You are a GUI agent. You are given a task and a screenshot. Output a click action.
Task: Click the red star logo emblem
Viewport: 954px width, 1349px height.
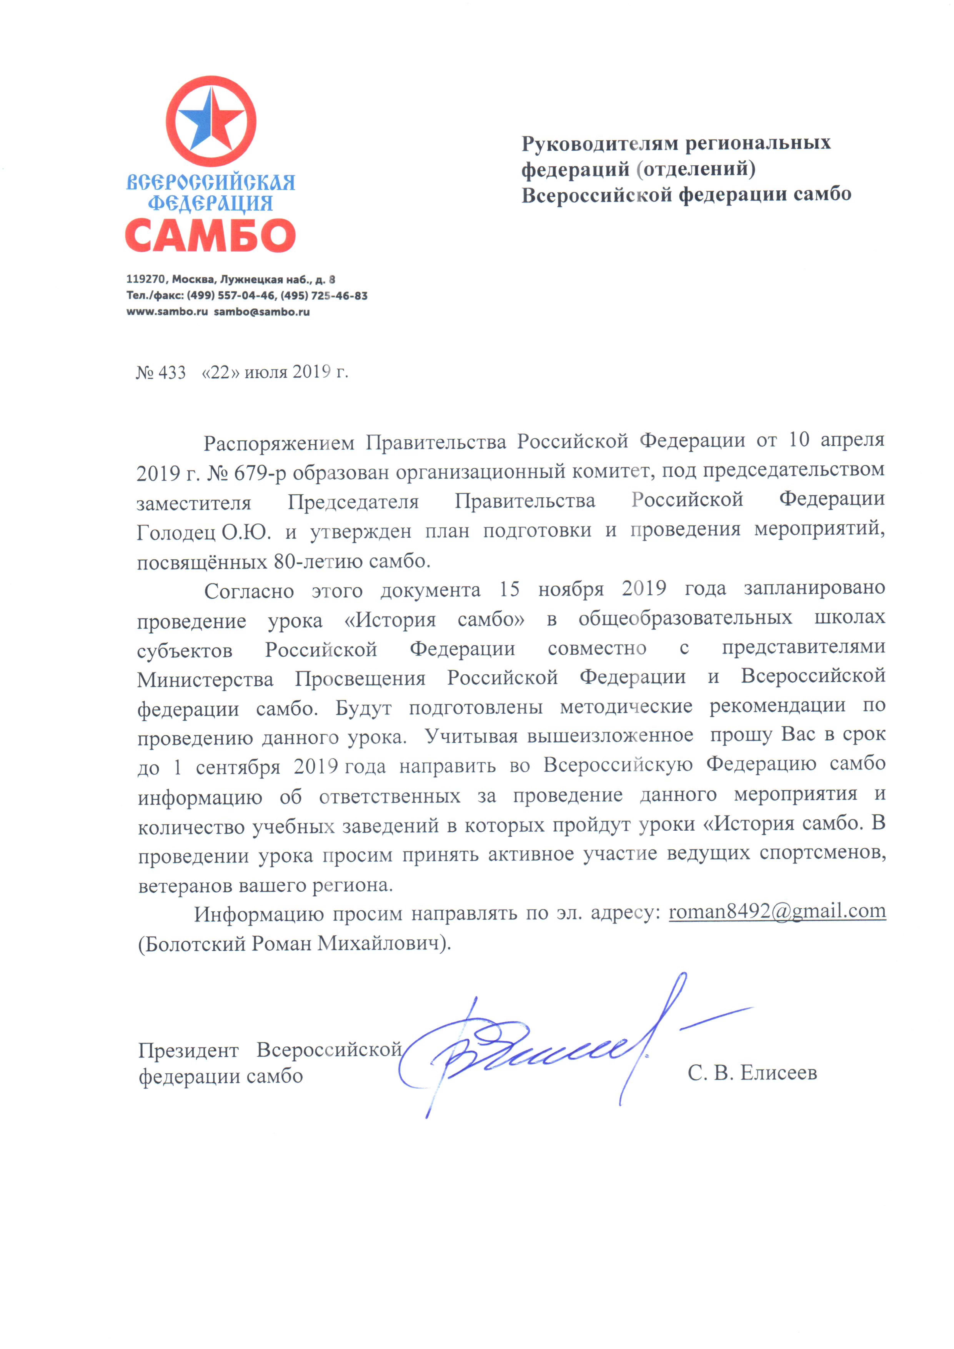point(211,120)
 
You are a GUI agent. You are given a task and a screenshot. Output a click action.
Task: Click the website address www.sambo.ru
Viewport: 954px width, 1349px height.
point(167,312)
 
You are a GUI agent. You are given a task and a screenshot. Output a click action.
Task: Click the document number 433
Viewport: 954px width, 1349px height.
point(172,373)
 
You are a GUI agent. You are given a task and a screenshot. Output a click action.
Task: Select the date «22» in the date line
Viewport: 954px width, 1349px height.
point(220,373)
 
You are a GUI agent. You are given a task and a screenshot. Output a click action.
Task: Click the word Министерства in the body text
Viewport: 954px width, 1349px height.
point(205,679)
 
